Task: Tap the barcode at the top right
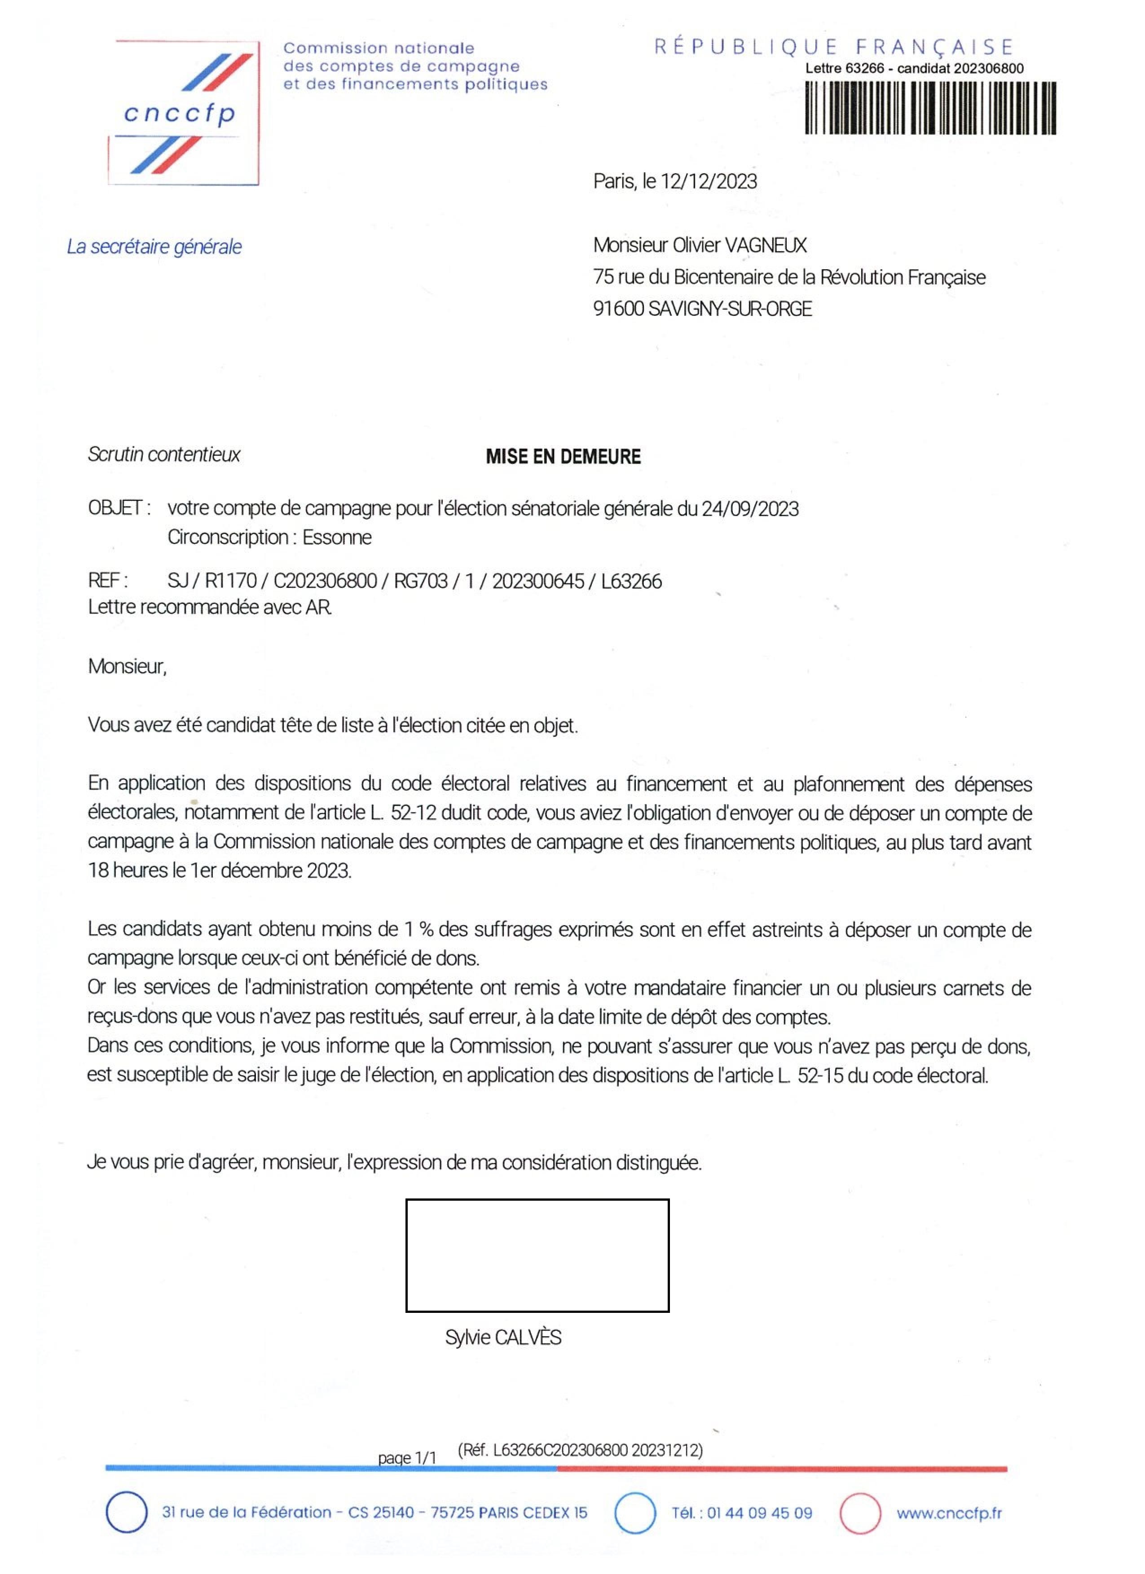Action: click(x=930, y=108)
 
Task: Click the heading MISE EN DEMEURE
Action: click(x=563, y=457)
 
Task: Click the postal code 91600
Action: click(x=618, y=309)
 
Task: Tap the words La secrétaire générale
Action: click(x=154, y=247)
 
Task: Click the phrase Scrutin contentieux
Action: click(x=164, y=455)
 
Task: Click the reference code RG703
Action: click(x=421, y=581)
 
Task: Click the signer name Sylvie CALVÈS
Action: click(x=503, y=1338)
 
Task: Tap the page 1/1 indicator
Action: click(x=407, y=1457)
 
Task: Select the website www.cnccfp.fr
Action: click(x=948, y=1513)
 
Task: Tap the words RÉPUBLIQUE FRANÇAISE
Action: click(x=833, y=47)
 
